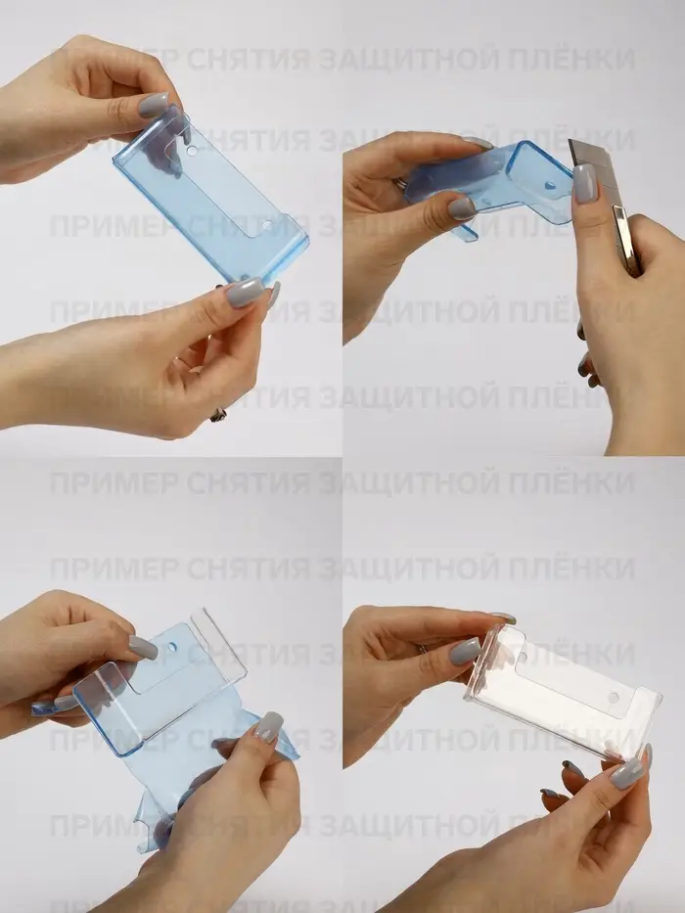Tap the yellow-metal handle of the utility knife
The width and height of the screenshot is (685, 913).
(x=626, y=235)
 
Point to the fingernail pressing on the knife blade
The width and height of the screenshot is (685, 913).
(x=584, y=183)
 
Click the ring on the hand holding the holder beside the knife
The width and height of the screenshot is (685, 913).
(x=401, y=182)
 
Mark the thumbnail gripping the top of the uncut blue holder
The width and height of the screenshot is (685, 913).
(x=154, y=106)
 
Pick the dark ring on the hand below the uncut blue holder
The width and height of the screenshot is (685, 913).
(x=218, y=414)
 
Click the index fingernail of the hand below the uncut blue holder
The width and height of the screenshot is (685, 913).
(x=245, y=292)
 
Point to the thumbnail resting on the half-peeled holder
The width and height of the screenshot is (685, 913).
(x=143, y=648)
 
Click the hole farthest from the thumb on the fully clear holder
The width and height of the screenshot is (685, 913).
(x=614, y=699)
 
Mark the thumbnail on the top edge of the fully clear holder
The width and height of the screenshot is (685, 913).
(x=465, y=651)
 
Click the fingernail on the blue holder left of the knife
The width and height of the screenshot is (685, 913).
(x=462, y=207)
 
